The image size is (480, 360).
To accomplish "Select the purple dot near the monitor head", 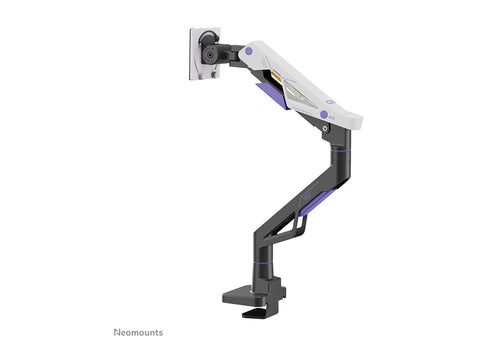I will [248, 51].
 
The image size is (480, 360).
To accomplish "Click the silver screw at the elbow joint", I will [325, 128].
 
